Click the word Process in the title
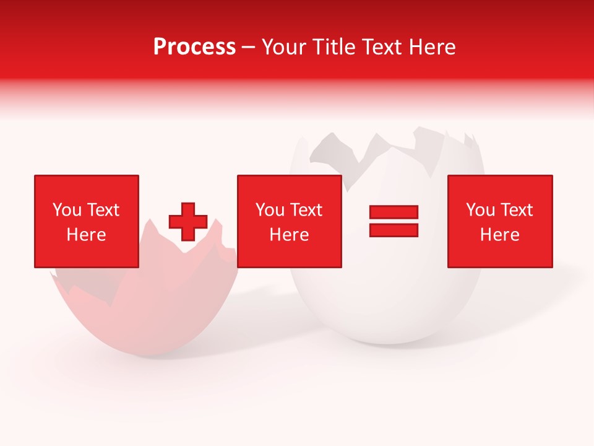194,47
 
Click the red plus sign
188,222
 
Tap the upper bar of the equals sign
394,212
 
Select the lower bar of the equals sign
394,230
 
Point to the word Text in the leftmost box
103,210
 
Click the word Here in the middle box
290,235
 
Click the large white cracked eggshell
396,297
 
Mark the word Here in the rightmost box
500,235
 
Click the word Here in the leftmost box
87,235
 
